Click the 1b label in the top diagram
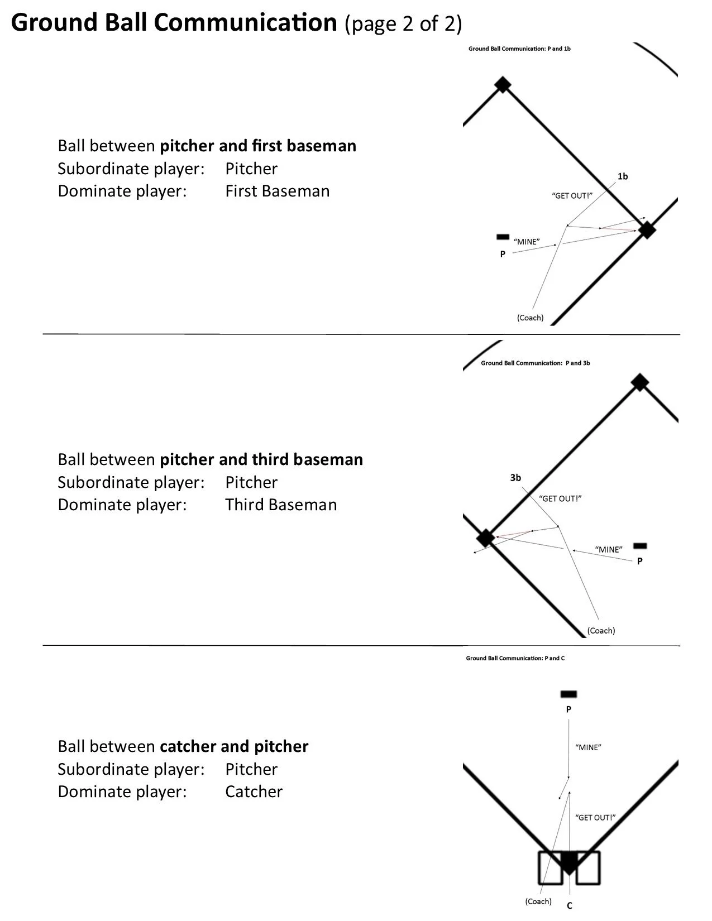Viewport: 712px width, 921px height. [623, 176]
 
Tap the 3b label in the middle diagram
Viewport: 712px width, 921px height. [515, 478]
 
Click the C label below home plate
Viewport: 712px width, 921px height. [570, 906]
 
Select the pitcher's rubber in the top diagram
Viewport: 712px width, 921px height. [503, 237]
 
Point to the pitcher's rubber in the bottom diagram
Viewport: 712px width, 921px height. [568, 694]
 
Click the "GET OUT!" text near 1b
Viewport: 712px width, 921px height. [572, 196]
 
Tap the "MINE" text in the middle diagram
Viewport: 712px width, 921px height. [609, 549]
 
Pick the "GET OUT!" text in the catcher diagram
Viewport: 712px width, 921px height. [595, 818]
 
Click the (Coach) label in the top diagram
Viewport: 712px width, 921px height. [530, 318]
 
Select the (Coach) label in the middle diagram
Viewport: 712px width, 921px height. [601, 631]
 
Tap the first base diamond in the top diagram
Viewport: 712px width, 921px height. [647, 229]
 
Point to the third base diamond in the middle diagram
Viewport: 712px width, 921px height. [485, 538]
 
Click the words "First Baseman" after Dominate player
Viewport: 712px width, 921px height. [278, 191]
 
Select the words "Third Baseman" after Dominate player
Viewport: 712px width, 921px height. [281, 505]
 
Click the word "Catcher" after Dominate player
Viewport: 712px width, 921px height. [254, 792]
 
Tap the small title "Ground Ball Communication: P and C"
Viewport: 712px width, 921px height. [515, 658]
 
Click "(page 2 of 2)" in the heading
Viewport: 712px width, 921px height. [403, 23]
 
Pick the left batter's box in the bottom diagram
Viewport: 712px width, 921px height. [550, 868]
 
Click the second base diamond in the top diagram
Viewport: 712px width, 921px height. [503, 85]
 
